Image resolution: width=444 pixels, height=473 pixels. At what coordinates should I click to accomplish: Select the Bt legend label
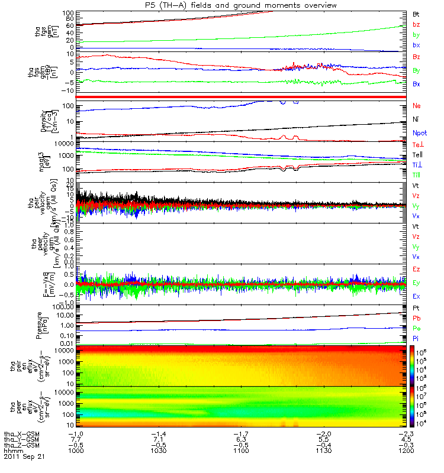click(x=416, y=14)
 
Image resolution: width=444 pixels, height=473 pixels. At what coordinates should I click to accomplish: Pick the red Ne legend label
click(x=416, y=106)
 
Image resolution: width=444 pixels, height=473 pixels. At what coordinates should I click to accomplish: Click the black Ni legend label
click(x=416, y=119)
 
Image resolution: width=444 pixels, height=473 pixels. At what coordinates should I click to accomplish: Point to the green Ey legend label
click(x=416, y=283)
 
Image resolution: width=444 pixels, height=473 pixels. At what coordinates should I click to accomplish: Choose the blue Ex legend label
click(x=416, y=296)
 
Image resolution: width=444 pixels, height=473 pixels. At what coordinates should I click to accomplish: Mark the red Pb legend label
click(x=416, y=319)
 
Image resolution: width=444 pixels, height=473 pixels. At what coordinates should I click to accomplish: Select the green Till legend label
click(x=417, y=175)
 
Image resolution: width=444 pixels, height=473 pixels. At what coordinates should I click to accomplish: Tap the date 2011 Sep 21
click(x=24, y=456)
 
